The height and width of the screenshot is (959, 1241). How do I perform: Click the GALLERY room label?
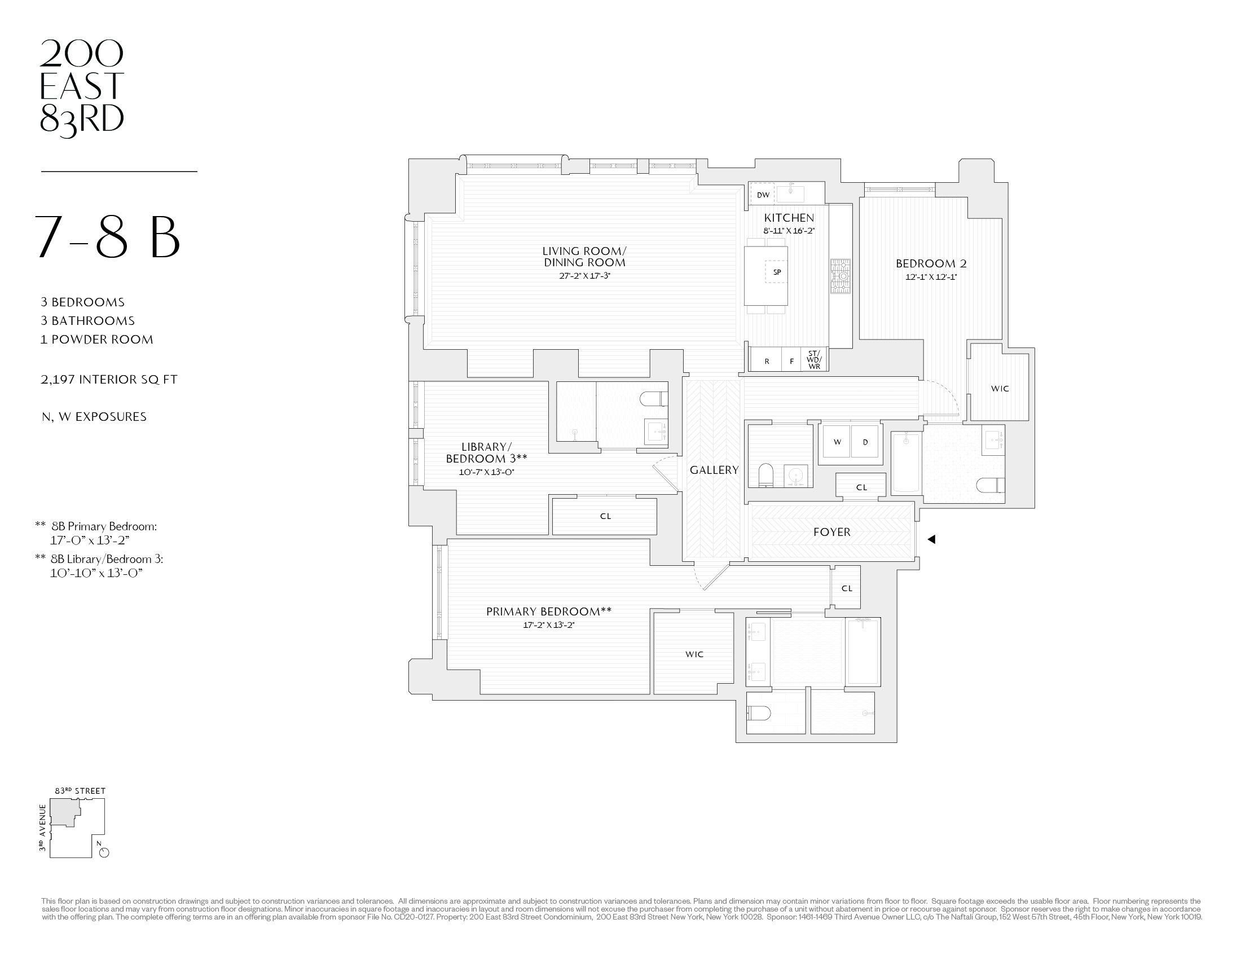(714, 470)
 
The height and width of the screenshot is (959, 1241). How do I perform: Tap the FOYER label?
(831, 532)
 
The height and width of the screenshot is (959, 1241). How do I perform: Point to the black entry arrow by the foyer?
(931, 539)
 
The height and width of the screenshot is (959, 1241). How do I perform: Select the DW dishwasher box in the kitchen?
(763, 195)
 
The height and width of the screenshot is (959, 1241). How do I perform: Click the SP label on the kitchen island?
(777, 272)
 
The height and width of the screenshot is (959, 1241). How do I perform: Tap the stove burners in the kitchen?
(840, 276)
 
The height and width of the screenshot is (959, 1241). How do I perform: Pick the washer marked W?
(837, 442)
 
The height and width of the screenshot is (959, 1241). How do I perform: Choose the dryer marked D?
(865, 442)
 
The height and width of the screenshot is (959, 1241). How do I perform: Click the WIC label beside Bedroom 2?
(1000, 389)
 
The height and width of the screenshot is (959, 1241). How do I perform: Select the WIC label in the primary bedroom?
(694, 654)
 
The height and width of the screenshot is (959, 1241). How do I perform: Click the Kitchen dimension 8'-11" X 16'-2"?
(789, 231)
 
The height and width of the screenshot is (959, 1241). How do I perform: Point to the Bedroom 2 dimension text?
(931, 277)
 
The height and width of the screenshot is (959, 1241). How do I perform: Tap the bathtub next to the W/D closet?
(906, 463)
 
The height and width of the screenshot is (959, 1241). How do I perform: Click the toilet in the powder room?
(766, 474)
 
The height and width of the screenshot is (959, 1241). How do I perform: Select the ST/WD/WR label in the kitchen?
(813, 360)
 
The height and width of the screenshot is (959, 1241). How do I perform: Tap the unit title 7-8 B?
(108, 238)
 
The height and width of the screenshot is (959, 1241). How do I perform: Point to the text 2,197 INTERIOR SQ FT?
(109, 380)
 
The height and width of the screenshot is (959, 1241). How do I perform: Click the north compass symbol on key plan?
(103, 852)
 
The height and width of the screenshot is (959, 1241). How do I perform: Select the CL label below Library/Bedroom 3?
(605, 516)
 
